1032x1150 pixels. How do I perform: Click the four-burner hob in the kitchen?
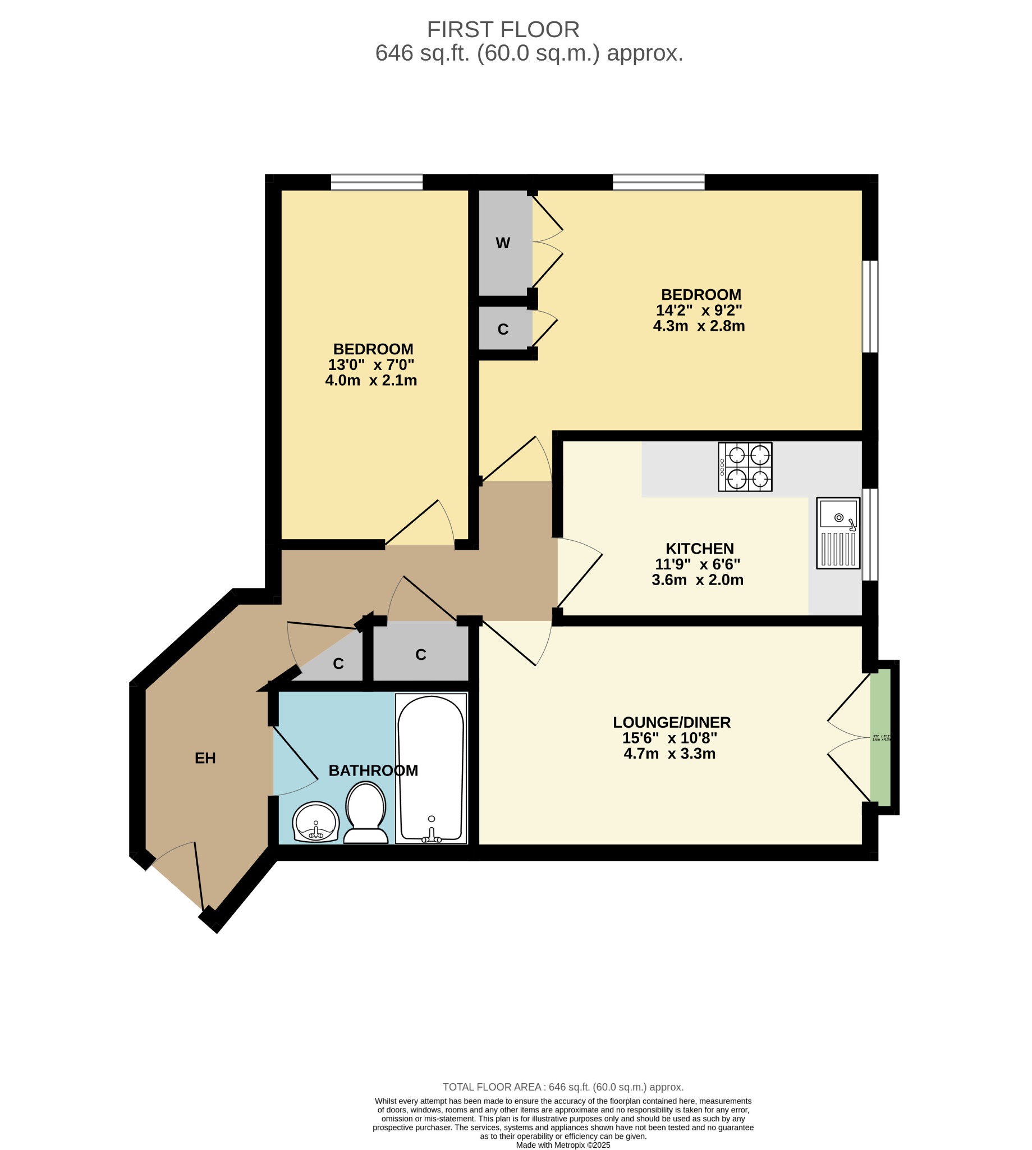coord(745,467)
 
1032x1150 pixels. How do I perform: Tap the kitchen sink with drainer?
coord(837,533)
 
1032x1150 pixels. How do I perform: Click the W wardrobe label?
coord(502,243)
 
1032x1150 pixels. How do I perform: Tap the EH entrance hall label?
coord(205,758)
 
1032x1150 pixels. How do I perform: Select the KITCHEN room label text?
coord(699,549)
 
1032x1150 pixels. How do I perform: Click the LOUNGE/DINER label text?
coord(671,722)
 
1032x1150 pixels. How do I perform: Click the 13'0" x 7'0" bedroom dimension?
coord(371,364)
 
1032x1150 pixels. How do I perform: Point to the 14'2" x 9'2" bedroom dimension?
coord(699,311)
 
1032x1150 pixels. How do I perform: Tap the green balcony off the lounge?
coord(880,737)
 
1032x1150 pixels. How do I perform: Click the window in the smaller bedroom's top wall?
coord(377,182)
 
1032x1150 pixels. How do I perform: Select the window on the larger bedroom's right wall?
coord(870,307)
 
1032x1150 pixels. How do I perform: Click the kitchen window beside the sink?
coord(870,535)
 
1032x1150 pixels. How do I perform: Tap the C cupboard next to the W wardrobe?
coord(503,329)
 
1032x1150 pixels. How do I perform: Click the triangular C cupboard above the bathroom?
coord(338,664)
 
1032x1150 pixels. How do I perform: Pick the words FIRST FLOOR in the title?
coord(503,29)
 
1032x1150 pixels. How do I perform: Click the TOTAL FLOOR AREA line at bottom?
coord(562,1087)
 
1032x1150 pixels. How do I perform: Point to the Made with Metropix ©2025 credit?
coord(562,1145)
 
